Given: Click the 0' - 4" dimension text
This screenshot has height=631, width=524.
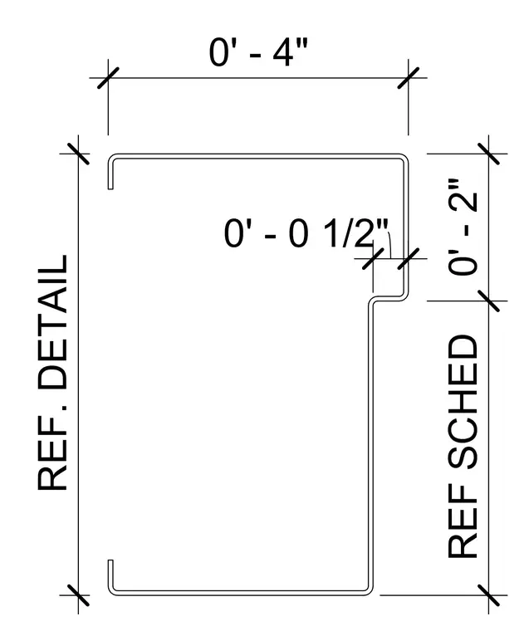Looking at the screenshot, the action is point(258,52).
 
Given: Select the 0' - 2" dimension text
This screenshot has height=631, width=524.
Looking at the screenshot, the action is point(463,227).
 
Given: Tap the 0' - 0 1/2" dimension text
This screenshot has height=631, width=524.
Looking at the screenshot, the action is point(306,234).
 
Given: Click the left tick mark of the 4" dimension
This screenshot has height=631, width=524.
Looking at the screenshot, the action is point(108,78).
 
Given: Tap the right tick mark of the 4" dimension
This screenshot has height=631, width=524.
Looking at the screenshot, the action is point(409,78).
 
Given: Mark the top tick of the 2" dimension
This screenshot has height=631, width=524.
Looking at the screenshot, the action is point(488,154).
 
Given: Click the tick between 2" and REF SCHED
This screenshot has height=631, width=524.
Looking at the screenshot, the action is point(488,301).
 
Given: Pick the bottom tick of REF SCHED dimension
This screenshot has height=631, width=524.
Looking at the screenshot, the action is point(488,595).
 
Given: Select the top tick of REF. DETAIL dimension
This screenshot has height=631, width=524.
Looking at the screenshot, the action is point(78,154).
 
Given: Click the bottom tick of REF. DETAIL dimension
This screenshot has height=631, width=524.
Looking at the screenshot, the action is point(78,595).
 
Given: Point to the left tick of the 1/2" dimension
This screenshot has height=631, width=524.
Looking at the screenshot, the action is point(373,259).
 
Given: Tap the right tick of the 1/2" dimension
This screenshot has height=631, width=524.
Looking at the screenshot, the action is point(409,259).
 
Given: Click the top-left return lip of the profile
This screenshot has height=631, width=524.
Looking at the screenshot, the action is point(110,173).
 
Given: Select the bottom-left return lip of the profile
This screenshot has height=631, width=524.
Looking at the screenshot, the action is point(110,576).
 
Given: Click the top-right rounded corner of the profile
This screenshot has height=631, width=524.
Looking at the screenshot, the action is point(404,158).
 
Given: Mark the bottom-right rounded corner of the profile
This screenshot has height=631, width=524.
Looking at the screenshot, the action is point(369,591).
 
